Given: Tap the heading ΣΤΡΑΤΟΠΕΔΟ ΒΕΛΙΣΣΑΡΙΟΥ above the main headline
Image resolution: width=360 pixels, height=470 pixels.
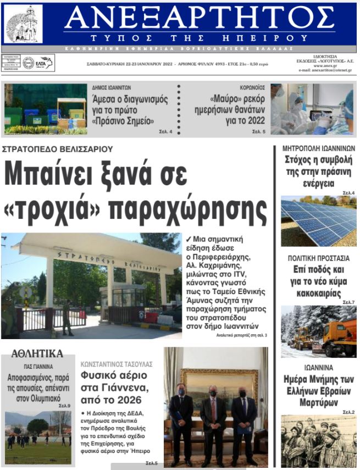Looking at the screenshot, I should pyautogui.click(x=58, y=149).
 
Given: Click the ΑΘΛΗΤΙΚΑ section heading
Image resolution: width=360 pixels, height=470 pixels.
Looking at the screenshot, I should pyautogui.click(x=37, y=353).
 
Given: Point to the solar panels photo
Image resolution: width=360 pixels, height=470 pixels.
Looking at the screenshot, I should pyautogui.click(x=318, y=221).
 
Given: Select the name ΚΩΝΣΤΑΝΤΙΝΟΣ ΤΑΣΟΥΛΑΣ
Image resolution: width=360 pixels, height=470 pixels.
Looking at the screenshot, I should pyautogui.click(x=117, y=364).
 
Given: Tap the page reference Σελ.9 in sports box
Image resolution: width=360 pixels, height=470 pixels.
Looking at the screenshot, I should pyautogui.click(x=65, y=406).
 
